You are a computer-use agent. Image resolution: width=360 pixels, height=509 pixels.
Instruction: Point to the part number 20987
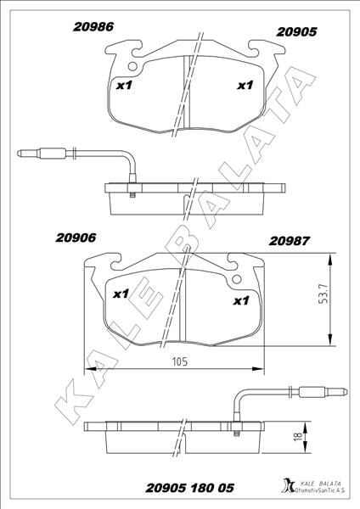click(290, 241)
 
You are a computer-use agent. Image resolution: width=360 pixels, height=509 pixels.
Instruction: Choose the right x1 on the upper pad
click(244, 85)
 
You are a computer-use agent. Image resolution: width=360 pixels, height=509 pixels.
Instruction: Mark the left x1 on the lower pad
click(121, 294)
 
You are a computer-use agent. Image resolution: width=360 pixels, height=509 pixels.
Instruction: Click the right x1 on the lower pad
click(240, 300)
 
